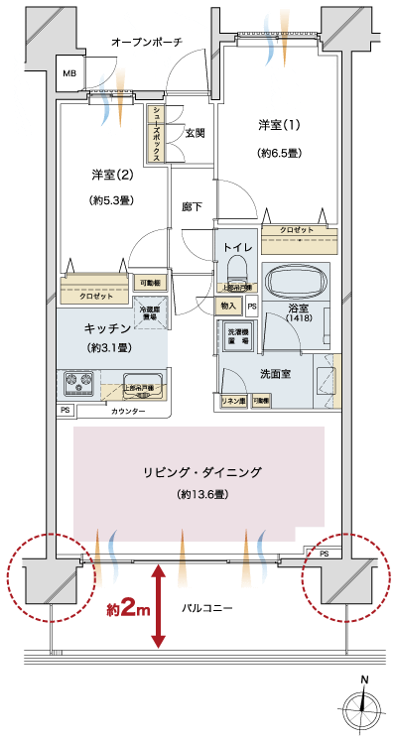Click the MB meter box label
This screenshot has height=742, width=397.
[70, 73]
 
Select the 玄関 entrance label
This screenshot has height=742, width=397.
[195, 132]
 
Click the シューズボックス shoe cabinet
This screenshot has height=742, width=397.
[157, 134]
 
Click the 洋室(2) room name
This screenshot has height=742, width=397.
[112, 175]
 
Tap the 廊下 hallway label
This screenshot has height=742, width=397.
[193, 207]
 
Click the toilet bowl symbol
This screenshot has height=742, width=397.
[236, 268]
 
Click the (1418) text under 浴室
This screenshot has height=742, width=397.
[299, 318]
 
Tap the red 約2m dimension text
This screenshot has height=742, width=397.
[127, 607]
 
